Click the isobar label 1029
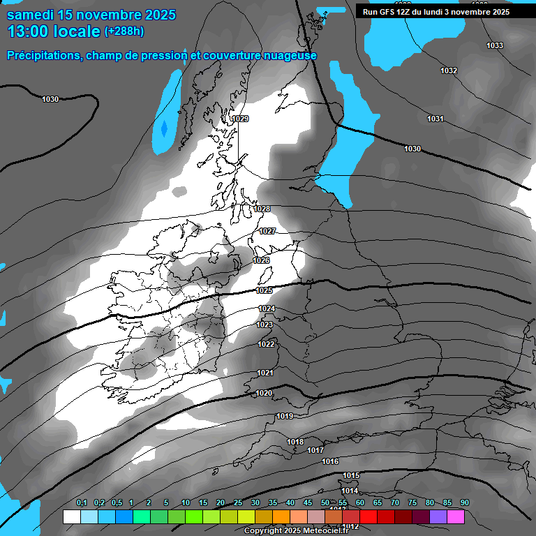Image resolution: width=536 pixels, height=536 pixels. pyautogui.click(x=240, y=119)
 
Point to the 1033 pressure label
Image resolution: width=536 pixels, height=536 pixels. pyautogui.click(x=494, y=45)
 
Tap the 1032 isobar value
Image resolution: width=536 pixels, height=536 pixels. pyautogui.click(x=449, y=71)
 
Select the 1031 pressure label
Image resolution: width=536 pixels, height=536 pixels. pyautogui.click(x=435, y=119)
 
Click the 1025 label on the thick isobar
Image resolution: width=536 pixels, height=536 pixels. pyautogui.click(x=265, y=290)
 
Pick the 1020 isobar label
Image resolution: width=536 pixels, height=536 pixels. pyautogui.click(x=264, y=394)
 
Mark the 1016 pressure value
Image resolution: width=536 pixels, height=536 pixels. pyautogui.click(x=330, y=462)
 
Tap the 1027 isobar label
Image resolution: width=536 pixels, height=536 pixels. pyautogui.click(x=267, y=231)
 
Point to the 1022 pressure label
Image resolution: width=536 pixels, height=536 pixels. pyautogui.click(x=265, y=344)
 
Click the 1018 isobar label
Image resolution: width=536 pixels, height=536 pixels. pyautogui.click(x=295, y=442)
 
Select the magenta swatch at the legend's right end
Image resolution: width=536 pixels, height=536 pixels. pyautogui.click(x=456, y=517)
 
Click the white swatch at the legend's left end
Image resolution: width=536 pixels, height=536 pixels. pyautogui.click(x=71, y=517)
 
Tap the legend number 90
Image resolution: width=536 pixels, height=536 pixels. pyautogui.click(x=464, y=503)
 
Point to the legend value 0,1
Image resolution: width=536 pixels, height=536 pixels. pyautogui.click(x=81, y=503)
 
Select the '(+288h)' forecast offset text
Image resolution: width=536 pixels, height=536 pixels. pyautogui.click(x=124, y=31)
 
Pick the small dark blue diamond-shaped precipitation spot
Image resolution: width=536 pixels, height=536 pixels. pyautogui.click(x=164, y=128)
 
